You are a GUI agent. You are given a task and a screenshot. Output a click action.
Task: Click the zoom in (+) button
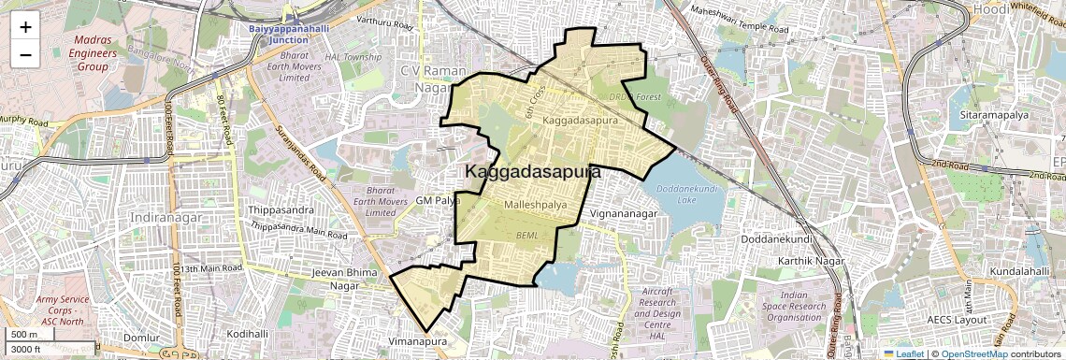tap(25, 26)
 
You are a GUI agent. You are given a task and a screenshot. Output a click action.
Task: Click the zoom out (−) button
tap(25, 54)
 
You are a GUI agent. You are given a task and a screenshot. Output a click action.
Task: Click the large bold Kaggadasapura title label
tap(532, 172)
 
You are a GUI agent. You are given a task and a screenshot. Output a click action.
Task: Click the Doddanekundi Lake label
tap(688, 194)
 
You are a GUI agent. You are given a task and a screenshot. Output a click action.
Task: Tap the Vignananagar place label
tap(626, 214)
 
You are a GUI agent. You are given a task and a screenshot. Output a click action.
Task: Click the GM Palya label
tap(438, 201)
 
